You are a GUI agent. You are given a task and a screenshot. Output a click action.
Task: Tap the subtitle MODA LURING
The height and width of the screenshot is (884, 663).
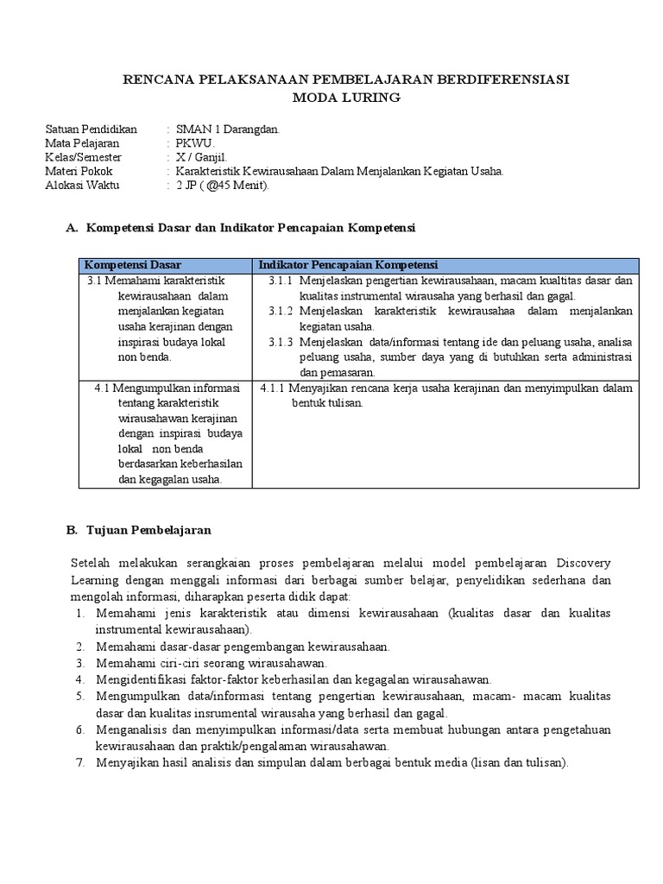(346, 98)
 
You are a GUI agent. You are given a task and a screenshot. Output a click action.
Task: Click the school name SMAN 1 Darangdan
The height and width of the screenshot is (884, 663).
(227, 129)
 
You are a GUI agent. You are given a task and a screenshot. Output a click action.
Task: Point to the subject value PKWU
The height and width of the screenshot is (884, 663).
(195, 143)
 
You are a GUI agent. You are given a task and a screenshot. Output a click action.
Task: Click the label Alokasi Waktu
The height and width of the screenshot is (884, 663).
(83, 185)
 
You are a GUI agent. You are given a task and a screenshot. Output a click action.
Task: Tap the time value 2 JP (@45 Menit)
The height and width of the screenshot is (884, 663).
(223, 185)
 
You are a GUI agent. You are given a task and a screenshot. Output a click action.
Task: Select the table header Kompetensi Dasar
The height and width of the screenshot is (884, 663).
(132, 264)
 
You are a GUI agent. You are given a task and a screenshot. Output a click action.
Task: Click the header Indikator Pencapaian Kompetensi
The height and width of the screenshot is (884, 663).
(349, 264)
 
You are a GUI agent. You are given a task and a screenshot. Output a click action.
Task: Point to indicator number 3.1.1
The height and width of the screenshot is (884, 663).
(281, 281)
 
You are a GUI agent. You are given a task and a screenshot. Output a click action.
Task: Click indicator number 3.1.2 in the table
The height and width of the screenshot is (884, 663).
(281, 311)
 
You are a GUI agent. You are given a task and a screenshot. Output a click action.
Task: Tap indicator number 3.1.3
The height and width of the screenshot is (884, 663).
(281, 342)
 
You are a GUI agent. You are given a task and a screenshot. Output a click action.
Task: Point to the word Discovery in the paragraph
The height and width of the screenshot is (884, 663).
(583, 564)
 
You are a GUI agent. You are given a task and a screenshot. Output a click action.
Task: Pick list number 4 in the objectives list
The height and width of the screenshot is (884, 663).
(79, 679)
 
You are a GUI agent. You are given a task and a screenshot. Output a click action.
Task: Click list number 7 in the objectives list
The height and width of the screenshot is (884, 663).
(79, 762)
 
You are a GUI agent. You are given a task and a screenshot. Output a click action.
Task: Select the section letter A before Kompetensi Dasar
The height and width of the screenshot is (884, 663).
(71, 228)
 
